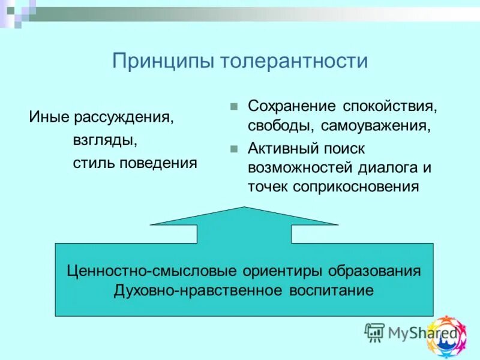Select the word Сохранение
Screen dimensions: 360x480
[292, 106]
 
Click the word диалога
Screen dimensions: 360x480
[380, 167]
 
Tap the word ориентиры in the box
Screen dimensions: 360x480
[280, 271]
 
